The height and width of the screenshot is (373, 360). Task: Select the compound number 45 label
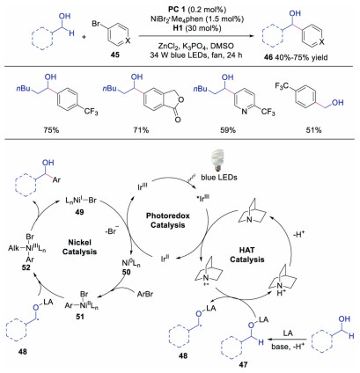(x=115, y=55)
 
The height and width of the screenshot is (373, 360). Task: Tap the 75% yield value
(x=52, y=130)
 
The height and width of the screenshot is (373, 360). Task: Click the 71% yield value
(x=141, y=130)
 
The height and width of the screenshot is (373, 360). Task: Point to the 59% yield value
(x=228, y=130)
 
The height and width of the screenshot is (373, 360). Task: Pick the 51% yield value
(x=314, y=130)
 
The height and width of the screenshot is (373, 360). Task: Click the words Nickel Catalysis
(x=79, y=247)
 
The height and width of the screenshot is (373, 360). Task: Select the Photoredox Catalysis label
(x=168, y=220)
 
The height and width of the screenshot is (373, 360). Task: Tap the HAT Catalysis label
(x=247, y=255)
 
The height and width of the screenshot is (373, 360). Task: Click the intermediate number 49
(x=79, y=211)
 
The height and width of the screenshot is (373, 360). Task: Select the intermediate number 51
(x=80, y=317)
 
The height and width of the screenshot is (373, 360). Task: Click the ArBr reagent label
(x=145, y=294)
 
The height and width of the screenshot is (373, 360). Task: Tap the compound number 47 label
(x=243, y=364)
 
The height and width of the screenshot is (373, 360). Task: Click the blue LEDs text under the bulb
(x=219, y=178)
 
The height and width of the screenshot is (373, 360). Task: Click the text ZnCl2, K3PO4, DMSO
(x=195, y=46)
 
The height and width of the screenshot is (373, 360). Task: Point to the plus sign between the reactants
(x=84, y=37)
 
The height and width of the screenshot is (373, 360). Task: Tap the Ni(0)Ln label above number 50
(x=131, y=263)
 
